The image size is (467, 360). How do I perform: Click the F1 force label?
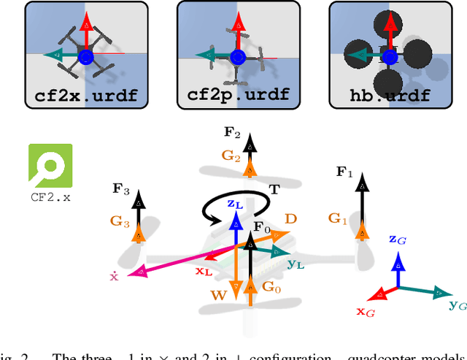[x=344, y=172]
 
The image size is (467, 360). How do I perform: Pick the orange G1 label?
[x=336, y=218]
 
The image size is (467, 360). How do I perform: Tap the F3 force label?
[x=122, y=192]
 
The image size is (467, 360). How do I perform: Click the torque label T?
[x=274, y=188]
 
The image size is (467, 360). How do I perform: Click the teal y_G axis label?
[x=458, y=305]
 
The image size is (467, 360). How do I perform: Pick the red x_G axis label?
[x=365, y=313]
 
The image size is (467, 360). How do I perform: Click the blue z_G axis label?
[x=398, y=239]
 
